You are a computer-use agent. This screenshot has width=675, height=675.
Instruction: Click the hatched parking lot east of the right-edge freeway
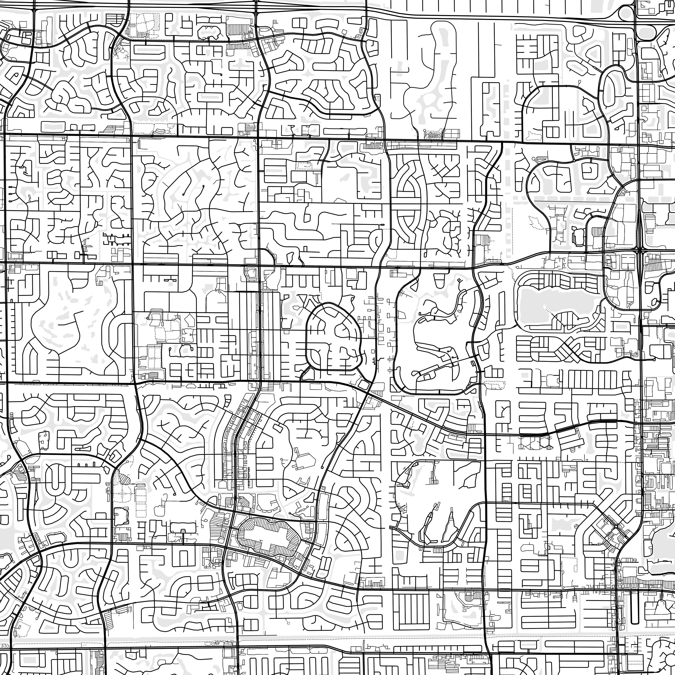click(657, 267)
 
